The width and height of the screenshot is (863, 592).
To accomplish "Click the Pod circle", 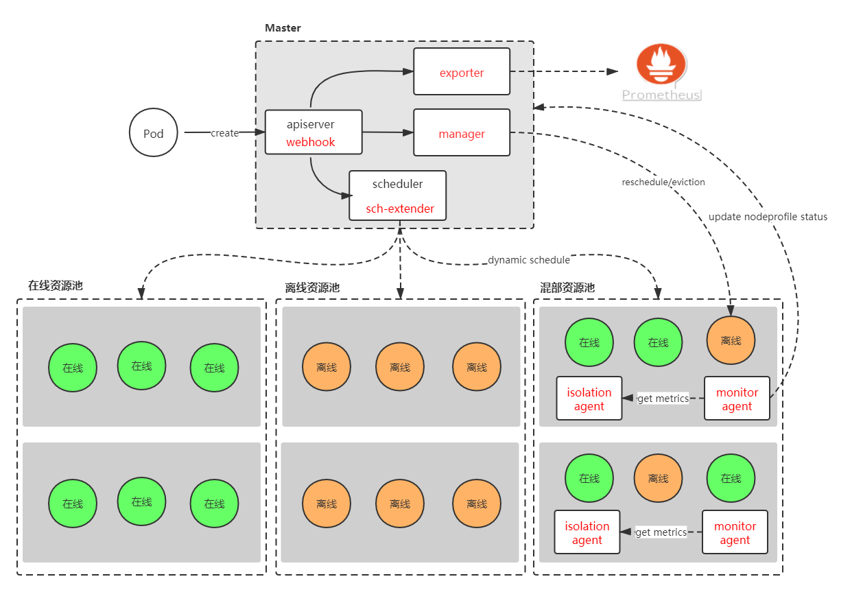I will (153, 133).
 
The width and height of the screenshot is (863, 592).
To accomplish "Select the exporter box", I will (462, 72).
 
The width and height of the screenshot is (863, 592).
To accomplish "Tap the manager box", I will (462, 133).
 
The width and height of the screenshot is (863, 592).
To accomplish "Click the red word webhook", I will (311, 143).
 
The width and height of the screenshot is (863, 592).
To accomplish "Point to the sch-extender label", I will (400, 209).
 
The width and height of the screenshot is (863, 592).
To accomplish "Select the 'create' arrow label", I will (224, 133).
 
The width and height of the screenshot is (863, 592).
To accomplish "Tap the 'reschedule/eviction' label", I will (663, 182).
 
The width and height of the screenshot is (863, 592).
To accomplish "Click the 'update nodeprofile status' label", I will (768, 217).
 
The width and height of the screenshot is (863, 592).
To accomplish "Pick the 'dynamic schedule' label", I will (529, 260).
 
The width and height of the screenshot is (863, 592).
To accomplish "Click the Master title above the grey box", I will (283, 28).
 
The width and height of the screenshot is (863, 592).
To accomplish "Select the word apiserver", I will (311, 125).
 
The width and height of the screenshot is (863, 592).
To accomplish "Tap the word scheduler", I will (398, 184).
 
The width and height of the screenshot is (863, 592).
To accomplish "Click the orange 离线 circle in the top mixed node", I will (731, 340).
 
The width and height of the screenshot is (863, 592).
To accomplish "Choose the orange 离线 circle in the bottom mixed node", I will (658, 478).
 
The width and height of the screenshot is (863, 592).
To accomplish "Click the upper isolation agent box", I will (589, 399).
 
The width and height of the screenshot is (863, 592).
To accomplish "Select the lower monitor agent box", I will (735, 532).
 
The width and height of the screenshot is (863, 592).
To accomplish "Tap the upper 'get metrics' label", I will (663, 399).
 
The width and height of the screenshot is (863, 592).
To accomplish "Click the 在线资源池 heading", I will (56, 286).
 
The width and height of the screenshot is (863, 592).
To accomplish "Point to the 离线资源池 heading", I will (312, 288).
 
